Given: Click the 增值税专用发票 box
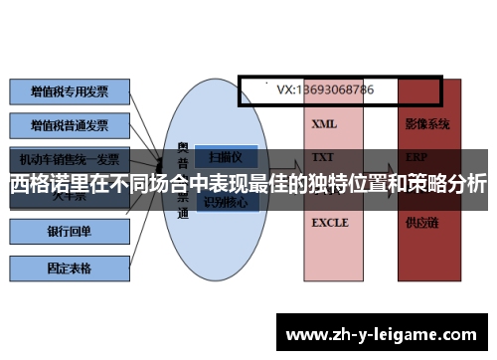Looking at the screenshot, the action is pyautogui.click(x=70, y=91).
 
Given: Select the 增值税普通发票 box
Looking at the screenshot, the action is pyautogui.click(x=70, y=126).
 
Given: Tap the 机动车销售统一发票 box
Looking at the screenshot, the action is pyautogui.click(x=70, y=159).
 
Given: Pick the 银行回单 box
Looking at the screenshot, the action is pyautogui.click(x=70, y=232).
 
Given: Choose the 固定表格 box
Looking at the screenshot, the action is pyautogui.click(x=70, y=267).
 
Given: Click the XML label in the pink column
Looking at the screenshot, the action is pyautogui.click(x=324, y=125).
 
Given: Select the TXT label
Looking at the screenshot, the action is pyautogui.click(x=323, y=157).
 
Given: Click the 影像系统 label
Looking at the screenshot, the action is pyautogui.click(x=427, y=125).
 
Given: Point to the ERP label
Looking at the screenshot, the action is pyautogui.click(x=416, y=157).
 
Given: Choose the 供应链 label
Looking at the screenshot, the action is pyautogui.click(x=421, y=223).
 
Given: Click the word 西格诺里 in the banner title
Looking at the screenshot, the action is pyautogui.click(x=49, y=184).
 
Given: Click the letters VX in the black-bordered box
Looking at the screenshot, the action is pyautogui.click(x=284, y=90).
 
